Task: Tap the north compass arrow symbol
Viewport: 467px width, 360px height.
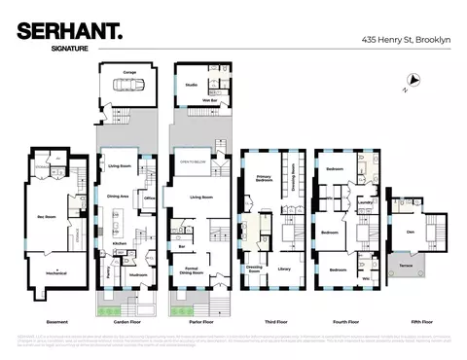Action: coord(414,81)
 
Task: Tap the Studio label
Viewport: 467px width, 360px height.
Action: coord(191,84)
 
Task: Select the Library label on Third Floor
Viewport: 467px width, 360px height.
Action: coord(284,268)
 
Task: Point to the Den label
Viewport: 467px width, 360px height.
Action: coord(410,231)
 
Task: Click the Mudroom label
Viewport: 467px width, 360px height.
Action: coord(139,274)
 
